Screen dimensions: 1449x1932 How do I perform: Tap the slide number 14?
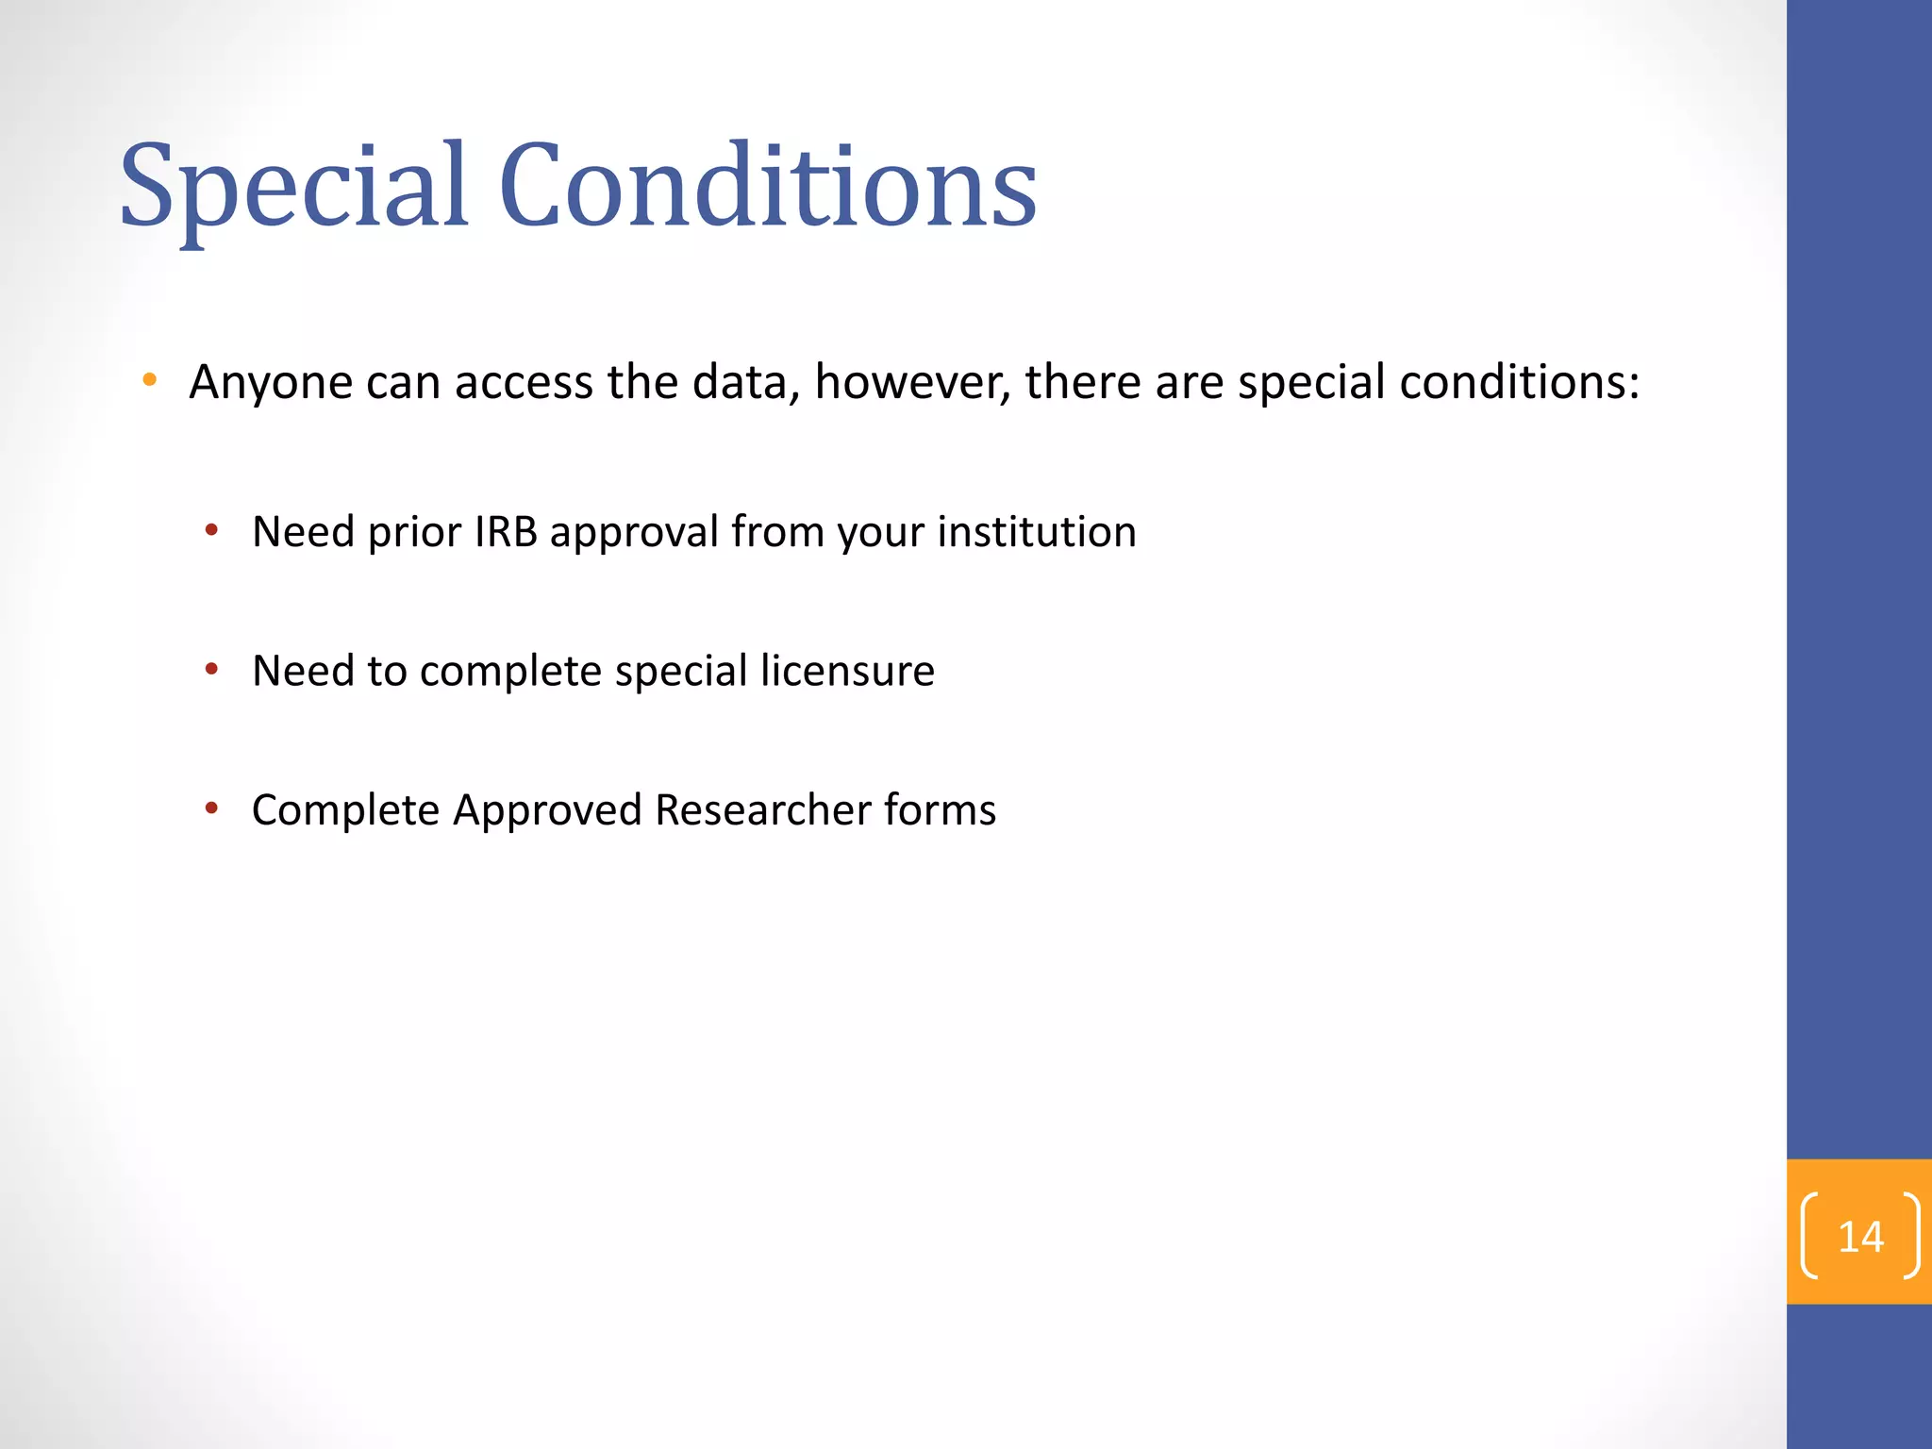pos(1860,1237)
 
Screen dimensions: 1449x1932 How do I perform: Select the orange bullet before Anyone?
pos(149,380)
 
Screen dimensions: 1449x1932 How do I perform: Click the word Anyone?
pos(270,383)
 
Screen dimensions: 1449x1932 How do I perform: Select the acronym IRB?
pos(506,532)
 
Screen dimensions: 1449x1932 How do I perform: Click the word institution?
pos(1037,532)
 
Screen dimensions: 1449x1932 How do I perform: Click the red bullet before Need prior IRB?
pos(212,530)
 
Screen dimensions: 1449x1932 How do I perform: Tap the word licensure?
pos(847,671)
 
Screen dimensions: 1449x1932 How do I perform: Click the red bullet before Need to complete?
pos(212,670)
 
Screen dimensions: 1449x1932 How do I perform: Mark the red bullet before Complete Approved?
pos(212,808)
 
